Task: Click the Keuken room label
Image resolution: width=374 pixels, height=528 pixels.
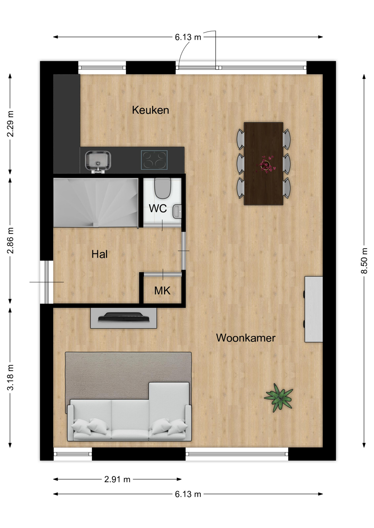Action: point(150,110)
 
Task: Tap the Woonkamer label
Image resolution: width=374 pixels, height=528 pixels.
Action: point(246,338)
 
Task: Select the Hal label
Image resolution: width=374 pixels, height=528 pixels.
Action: point(99,254)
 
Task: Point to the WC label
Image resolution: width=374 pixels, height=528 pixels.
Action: point(158,208)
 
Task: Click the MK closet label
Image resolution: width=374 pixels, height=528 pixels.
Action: point(162,291)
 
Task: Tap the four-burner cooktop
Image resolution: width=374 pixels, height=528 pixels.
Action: point(154,160)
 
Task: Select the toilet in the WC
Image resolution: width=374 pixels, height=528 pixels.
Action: point(163,188)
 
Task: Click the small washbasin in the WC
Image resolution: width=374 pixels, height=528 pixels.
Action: point(177,211)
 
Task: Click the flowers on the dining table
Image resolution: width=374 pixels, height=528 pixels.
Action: point(265,164)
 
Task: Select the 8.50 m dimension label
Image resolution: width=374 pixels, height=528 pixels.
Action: point(364,260)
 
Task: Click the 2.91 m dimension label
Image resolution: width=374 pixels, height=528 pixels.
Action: point(117,479)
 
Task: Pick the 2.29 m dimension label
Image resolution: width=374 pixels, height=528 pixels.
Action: point(10,124)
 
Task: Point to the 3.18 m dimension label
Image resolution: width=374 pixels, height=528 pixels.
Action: point(10,377)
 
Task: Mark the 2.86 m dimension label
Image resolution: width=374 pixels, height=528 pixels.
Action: point(10,240)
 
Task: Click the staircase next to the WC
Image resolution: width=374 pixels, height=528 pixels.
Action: point(96,203)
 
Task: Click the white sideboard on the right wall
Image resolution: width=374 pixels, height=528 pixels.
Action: point(314,309)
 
